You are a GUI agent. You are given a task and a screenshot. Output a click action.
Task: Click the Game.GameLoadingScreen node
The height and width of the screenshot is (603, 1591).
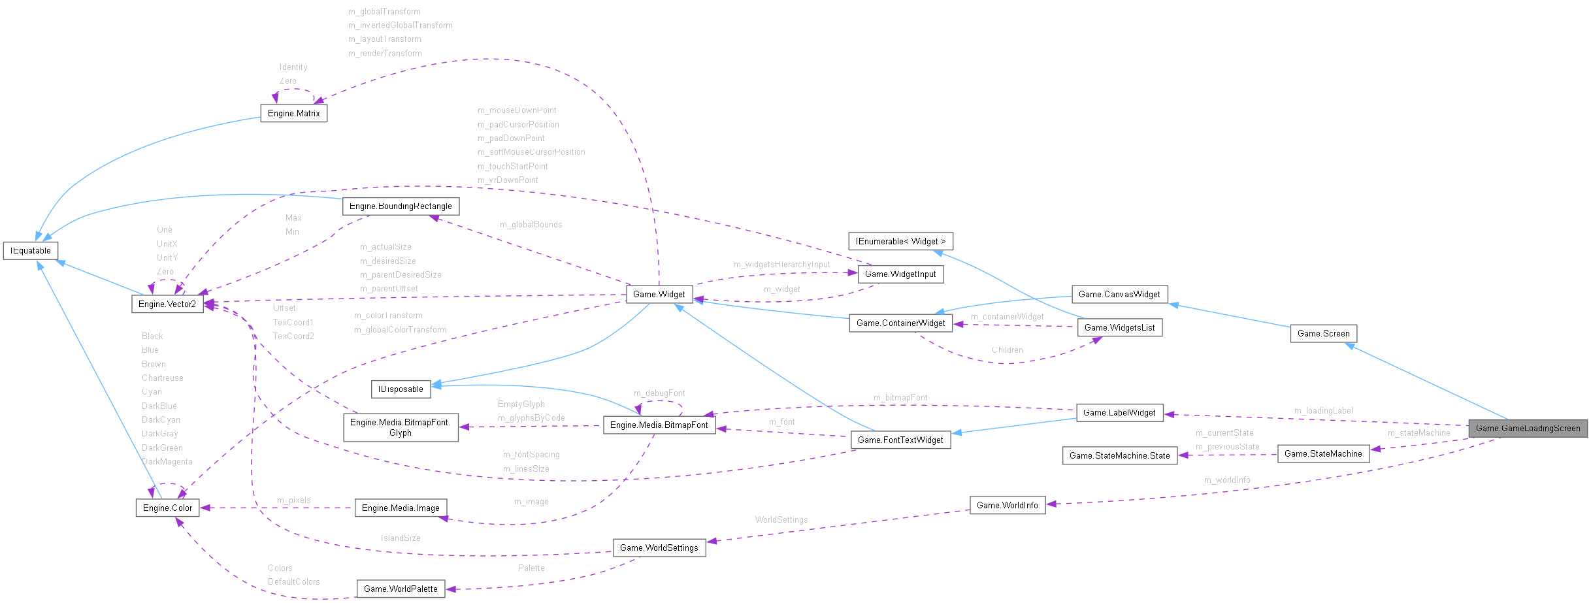(x=1527, y=428)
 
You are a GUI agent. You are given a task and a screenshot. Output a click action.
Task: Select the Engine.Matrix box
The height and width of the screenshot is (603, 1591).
(x=293, y=113)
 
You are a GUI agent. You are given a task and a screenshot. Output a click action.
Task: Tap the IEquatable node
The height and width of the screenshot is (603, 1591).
(x=31, y=250)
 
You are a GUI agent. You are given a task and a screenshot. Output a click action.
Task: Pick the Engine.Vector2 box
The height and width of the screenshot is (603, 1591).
(x=167, y=304)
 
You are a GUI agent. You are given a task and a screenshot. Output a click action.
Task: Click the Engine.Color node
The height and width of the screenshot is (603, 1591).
(x=167, y=508)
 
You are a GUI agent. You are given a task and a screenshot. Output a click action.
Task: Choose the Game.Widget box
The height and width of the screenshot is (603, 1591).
(x=659, y=294)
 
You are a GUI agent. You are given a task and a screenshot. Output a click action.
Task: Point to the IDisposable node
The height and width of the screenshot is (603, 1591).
(x=401, y=389)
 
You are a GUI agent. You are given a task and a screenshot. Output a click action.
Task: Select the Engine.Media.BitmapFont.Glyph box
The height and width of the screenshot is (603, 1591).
(x=401, y=427)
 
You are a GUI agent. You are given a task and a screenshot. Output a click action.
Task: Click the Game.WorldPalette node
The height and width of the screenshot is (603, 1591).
(x=401, y=589)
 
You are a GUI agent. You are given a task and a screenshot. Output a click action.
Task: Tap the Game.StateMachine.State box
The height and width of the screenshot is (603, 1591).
(x=1119, y=455)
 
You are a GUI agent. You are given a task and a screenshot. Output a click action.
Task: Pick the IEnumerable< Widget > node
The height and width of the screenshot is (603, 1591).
(x=900, y=241)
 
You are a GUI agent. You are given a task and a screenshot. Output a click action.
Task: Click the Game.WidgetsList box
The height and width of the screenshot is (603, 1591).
(x=1119, y=327)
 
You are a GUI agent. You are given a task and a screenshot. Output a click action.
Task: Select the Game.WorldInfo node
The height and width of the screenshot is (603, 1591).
(x=1007, y=505)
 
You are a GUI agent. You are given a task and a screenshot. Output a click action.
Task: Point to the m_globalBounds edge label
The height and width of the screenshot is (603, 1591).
(x=531, y=224)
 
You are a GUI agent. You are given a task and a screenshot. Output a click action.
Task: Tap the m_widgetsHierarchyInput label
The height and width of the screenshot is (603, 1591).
(x=781, y=264)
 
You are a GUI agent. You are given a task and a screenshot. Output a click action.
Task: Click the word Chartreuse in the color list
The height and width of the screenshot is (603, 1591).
(x=162, y=378)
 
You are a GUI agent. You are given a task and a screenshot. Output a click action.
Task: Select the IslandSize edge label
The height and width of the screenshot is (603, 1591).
(x=401, y=538)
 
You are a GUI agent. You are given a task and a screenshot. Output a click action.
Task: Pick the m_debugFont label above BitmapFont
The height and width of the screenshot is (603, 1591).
(x=659, y=393)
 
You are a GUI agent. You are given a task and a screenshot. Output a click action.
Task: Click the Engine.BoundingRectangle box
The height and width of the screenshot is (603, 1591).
(x=401, y=206)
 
